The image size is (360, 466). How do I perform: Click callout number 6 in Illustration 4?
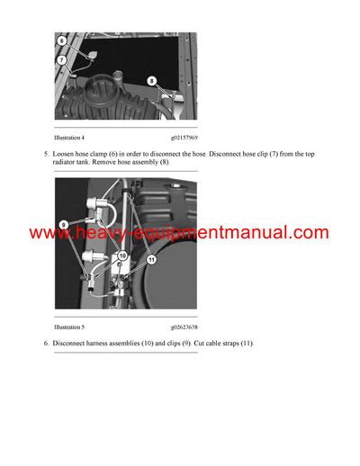pyautogui.click(x=61, y=41)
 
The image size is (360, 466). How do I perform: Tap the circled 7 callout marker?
pyautogui.click(x=63, y=60)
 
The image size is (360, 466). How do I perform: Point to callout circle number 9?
pyautogui.click(x=65, y=223)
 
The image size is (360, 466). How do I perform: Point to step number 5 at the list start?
pyautogui.click(x=46, y=155)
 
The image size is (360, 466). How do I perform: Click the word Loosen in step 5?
pyautogui.click(x=67, y=155)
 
